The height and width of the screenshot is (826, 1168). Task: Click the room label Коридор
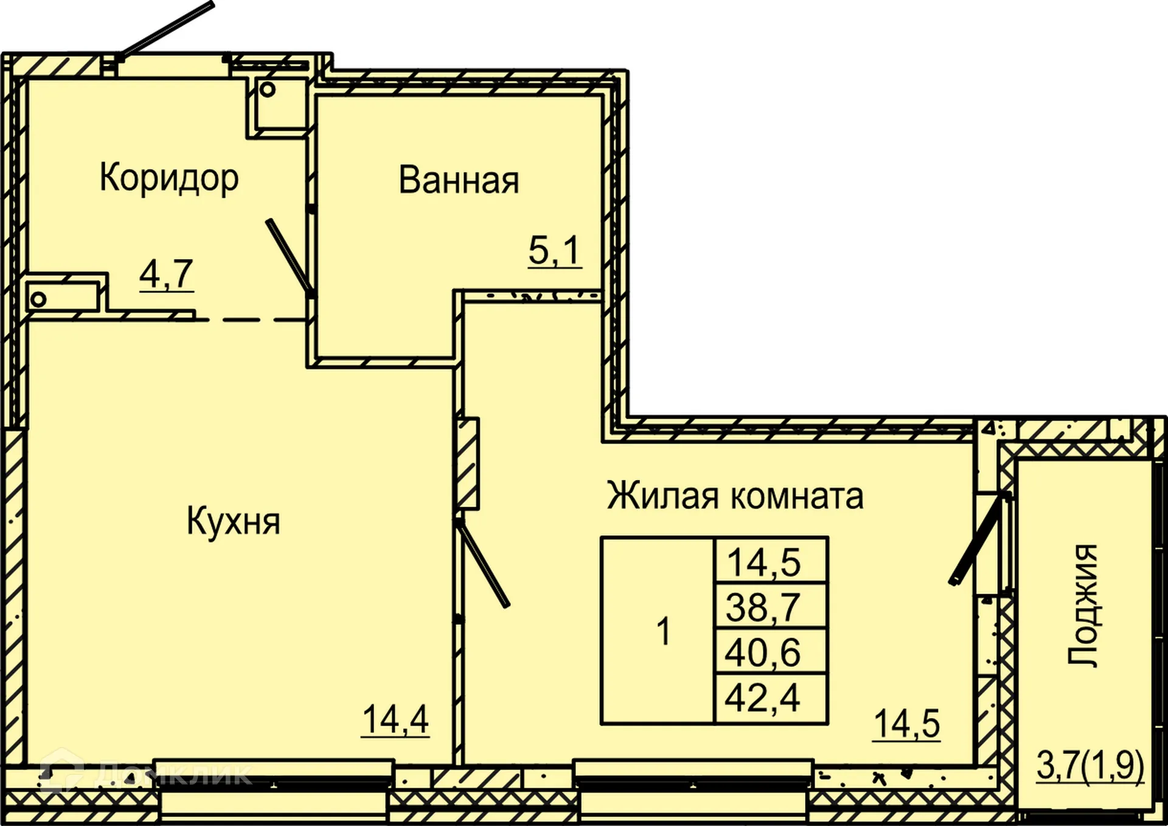point(169,178)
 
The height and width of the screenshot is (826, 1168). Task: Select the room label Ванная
point(459,180)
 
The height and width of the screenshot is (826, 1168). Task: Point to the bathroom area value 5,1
point(554,250)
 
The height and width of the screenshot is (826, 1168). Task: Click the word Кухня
point(233,521)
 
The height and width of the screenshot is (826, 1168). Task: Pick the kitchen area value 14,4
point(395,720)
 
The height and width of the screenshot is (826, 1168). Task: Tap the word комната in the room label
point(797,496)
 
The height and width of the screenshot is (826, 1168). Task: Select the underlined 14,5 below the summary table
point(906,724)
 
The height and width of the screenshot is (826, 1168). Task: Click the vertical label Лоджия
point(1083,605)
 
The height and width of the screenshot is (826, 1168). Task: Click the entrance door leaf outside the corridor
point(165,30)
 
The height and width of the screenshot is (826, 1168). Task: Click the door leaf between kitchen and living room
point(484,563)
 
